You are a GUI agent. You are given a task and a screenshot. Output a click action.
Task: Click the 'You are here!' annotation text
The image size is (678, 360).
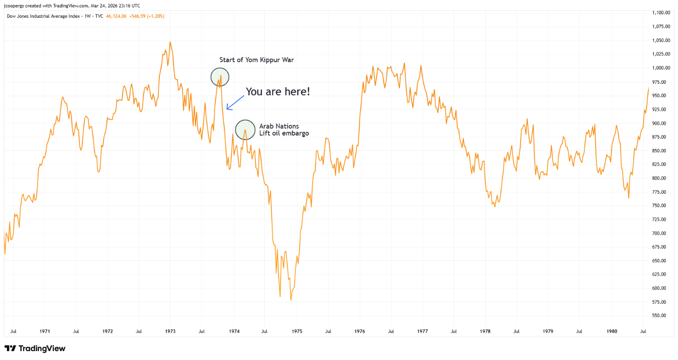coord(278,91)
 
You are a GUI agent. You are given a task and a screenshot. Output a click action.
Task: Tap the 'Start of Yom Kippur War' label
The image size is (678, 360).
coord(256,60)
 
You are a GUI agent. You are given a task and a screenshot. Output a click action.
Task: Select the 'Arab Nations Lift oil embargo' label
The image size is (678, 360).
coord(284,130)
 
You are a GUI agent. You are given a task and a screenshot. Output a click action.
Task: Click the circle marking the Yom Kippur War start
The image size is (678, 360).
coord(220,76)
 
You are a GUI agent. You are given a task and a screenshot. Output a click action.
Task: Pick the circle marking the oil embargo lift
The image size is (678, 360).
coord(245,130)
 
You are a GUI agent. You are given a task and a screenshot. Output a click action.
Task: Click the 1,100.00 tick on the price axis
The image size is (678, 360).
coord(660,13)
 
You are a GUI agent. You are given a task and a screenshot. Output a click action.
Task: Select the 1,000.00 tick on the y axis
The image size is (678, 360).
coord(660,68)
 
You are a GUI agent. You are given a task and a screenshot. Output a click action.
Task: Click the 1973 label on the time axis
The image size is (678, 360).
coord(171,331)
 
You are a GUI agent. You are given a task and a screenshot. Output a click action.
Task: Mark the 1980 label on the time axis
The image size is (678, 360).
coord(611,331)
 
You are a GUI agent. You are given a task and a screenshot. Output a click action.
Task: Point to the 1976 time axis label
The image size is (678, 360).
coord(359,331)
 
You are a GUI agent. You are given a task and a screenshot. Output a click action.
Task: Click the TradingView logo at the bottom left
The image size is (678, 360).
coord(35,348)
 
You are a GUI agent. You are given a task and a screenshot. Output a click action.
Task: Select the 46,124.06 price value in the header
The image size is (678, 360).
coord(116,16)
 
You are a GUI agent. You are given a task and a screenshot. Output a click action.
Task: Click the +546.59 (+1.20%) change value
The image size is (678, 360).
coord(147,16)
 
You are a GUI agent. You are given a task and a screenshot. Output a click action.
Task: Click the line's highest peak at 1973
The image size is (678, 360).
coord(170,42)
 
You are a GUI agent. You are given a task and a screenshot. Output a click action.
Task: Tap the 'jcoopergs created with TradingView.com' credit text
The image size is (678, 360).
coord(72,5)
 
